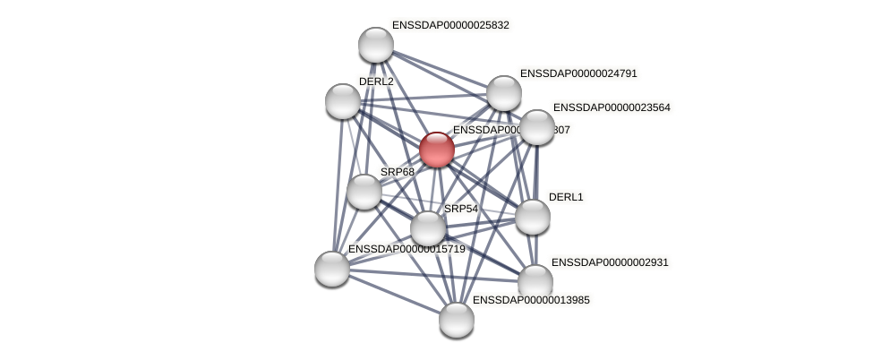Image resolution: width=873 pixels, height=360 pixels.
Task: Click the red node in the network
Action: pyautogui.click(x=436, y=150)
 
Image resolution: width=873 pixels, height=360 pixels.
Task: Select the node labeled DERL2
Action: pyautogui.click(x=342, y=100)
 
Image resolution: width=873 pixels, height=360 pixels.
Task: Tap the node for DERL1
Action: pyautogui.click(x=532, y=216)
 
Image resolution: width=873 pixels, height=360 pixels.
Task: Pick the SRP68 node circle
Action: pyautogui.click(x=364, y=191)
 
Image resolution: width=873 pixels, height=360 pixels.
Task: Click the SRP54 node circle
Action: pyautogui.click(x=427, y=227)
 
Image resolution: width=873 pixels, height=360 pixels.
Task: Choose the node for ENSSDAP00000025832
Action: pyautogui.click(x=375, y=45)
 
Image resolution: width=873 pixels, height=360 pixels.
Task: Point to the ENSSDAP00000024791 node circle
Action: pyautogui.click(x=503, y=93)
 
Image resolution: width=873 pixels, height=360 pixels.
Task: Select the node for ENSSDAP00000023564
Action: pyautogui.click(x=536, y=127)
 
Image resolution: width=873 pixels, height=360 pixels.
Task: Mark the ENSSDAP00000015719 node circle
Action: pyautogui.click(x=331, y=268)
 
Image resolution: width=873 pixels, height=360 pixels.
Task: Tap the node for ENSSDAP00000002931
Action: pyautogui.click(x=535, y=281)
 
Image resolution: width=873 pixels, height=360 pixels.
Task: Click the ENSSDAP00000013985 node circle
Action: pyautogui.click(x=456, y=319)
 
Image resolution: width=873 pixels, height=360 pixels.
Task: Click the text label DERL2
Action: pyautogui.click(x=376, y=81)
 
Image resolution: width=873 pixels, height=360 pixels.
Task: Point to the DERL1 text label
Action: pyautogui.click(x=566, y=197)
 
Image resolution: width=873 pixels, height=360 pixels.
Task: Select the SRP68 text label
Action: pyautogui.click(x=398, y=172)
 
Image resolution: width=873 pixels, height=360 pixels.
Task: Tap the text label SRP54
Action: pyautogui.click(x=461, y=209)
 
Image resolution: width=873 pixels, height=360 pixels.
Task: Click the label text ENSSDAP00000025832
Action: pyautogui.click(x=450, y=25)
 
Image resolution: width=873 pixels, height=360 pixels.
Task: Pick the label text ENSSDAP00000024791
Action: pyautogui.click(x=578, y=73)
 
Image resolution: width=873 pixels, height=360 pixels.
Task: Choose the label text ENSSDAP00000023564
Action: pyautogui.click(x=612, y=107)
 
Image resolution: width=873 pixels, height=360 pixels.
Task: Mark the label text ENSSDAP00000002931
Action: pyautogui.click(x=610, y=262)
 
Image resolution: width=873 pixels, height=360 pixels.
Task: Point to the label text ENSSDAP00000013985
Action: pyautogui.click(x=531, y=300)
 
